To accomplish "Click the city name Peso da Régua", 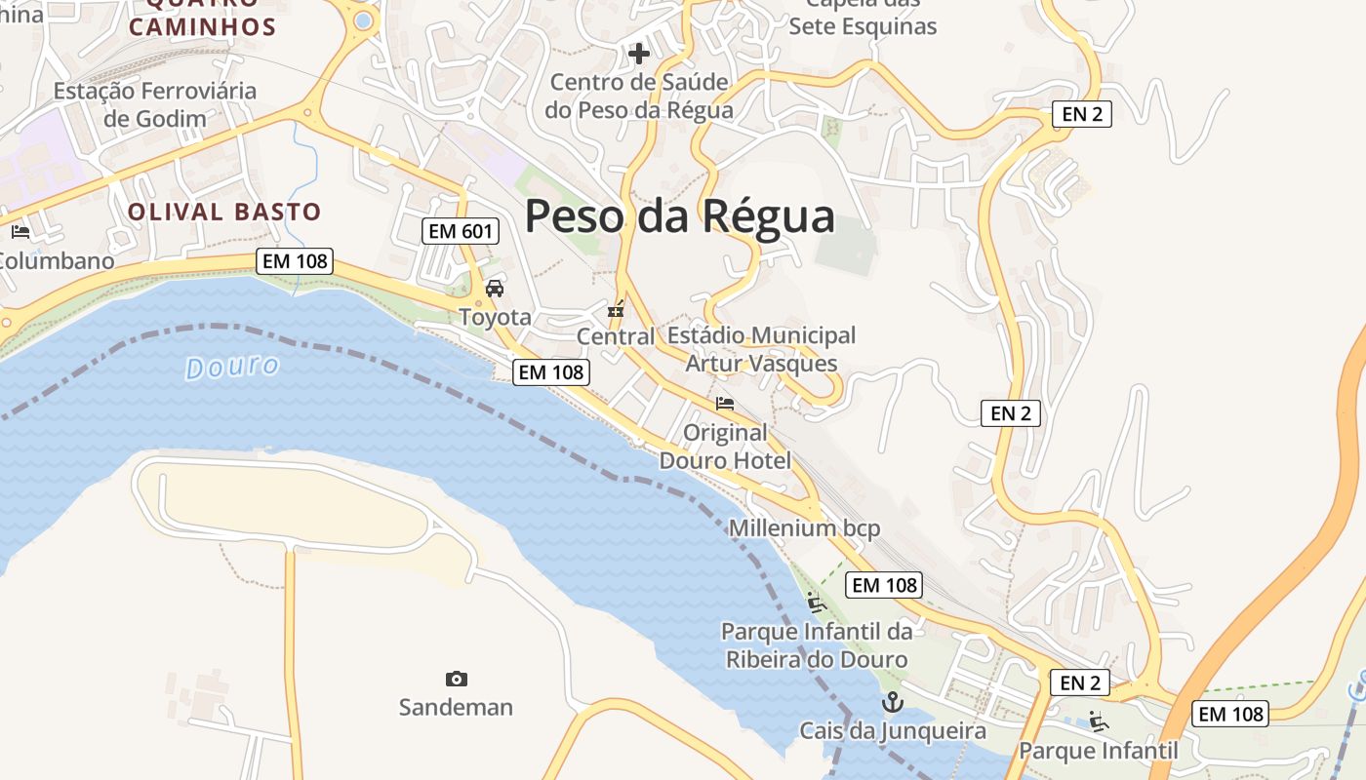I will pyautogui.click(x=680, y=216).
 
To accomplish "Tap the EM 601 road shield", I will pyautogui.click(x=461, y=231).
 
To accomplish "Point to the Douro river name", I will pyautogui.click(x=232, y=368).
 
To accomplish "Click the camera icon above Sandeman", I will pyautogui.click(x=456, y=679).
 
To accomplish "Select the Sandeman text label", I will pyautogui.click(x=456, y=707).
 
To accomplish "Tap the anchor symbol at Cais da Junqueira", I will pyautogui.click(x=892, y=701).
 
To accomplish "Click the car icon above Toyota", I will pyautogui.click(x=495, y=289).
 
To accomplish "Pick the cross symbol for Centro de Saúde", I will pyautogui.click(x=639, y=53).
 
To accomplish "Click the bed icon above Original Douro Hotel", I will pyautogui.click(x=725, y=403).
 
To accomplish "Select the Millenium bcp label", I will pyautogui.click(x=804, y=528).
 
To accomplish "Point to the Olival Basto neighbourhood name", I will pyautogui.click(x=224, y=212).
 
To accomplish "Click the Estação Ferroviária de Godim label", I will pyautogui.click(x=155, y=105).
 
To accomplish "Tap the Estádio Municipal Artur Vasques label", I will pyautogui.click(x=761, y=349).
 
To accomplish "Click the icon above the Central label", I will pyautogui.click(x=616, y=310).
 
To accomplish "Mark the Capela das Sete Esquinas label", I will pyautogui.click(x=863, y=18).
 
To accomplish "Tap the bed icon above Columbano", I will pyautogui.click(x=20, y=232).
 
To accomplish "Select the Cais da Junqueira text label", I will pyautogui.click(x=893, y=730).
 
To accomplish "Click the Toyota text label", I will pyautogui.click(x=495, y=317).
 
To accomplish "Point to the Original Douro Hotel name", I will pyautogui.click(x=725, y=446).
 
